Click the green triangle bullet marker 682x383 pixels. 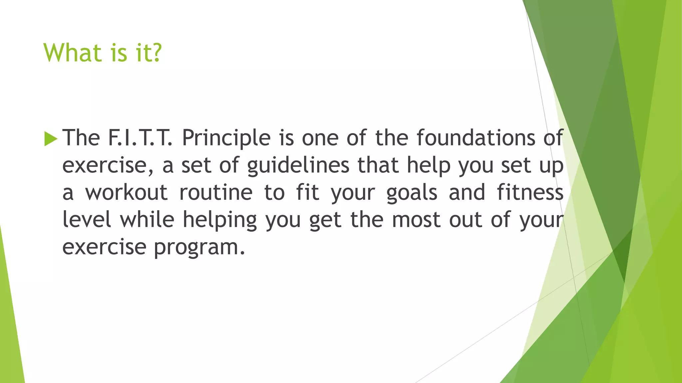pos(51,139)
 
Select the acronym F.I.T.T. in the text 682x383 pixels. pos(140,138)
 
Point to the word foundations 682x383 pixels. pos(476,138)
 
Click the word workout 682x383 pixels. pos(126,192)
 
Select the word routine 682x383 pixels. pos(216,192)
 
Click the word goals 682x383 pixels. pos(412,193)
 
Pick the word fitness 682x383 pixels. pos(530,192)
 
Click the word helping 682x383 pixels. pos(220,220)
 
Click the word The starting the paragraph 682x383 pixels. pos(81,138)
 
